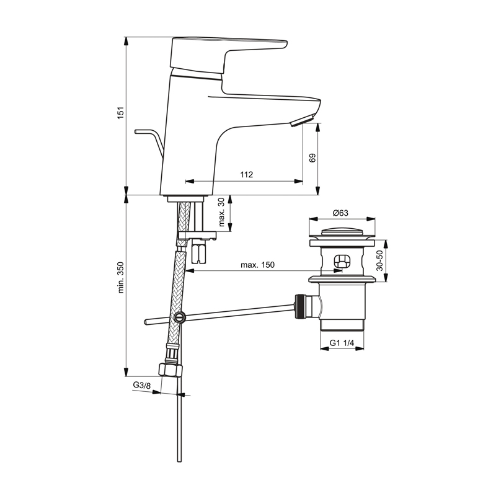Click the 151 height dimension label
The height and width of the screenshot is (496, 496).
click(121, 113)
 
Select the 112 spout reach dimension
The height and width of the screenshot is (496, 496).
click(246, 174)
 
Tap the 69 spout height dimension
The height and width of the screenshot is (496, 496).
click(312, 158)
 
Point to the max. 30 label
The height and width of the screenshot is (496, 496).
click(221, 212)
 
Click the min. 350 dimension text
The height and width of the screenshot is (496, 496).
click(121, 277)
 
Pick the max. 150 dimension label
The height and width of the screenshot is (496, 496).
click(257, 265)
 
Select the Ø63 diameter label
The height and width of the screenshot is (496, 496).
click(340, 213)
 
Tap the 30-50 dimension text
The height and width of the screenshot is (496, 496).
click(379, 260)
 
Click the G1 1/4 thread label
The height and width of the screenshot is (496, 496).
click(342, 343)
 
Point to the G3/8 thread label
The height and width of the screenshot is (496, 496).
click(142, 385)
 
